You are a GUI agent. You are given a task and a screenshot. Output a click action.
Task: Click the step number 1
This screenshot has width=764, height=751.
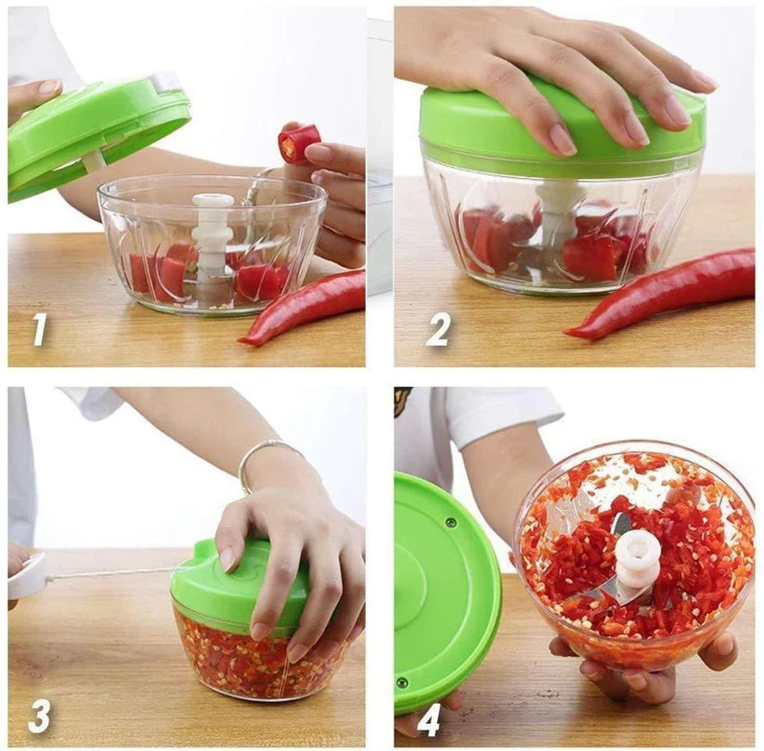(40, 330)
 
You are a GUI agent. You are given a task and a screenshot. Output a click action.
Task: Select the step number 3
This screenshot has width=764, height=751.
(39, 716)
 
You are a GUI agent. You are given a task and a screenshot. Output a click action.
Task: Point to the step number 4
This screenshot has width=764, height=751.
(428, 718)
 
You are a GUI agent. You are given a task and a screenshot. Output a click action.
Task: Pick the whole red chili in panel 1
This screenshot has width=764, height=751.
(302, 308)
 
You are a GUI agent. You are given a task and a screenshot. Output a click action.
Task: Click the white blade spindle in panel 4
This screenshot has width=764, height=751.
(636, 563)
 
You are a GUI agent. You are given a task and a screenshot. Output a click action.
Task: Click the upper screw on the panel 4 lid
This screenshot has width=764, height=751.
(452, 523)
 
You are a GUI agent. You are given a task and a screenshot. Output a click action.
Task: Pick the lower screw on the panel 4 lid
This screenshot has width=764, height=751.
(402, 682)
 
